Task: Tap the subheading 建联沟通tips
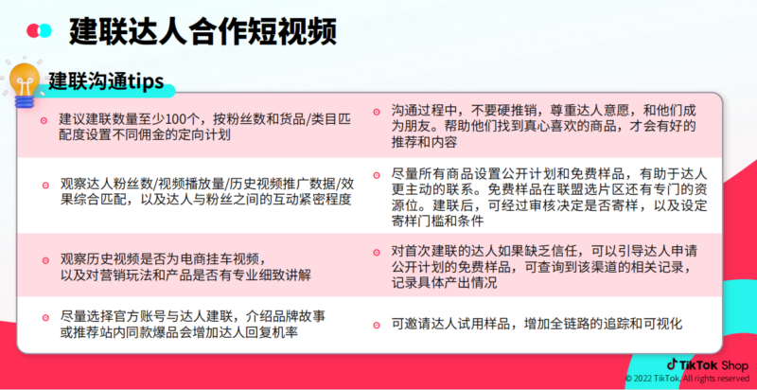(x=106, y=80)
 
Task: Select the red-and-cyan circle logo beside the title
(x=39, y=30)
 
